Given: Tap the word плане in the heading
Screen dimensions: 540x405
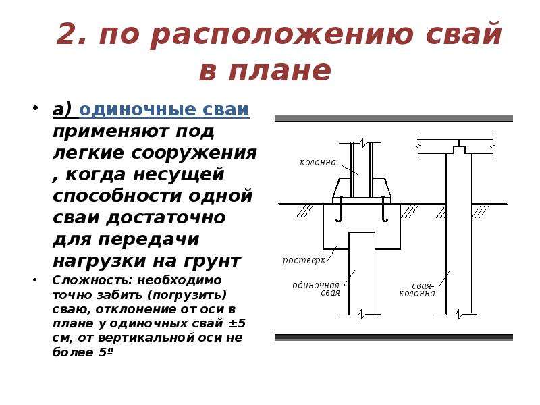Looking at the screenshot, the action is click(279, 70).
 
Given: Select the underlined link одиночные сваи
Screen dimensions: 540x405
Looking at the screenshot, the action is click(164, 110).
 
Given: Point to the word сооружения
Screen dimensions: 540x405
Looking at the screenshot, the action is click(194, 153).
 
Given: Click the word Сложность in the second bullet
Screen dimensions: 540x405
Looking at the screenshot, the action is click(92, 280).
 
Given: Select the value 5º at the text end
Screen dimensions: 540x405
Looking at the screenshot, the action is click(104, 352).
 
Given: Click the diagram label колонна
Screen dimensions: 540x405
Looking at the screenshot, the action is click(318, 162).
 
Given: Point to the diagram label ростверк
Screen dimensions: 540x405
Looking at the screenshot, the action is click(303, 260).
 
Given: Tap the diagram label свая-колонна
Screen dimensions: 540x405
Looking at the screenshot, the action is click(417, 290).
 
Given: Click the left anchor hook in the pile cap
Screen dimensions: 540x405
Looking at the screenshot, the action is click(340, 209).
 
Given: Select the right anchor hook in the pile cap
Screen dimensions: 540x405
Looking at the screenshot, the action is click(384, 209).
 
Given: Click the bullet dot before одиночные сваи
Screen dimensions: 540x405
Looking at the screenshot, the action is click(35, 107).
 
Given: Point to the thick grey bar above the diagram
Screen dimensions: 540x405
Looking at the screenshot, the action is click(394, 119).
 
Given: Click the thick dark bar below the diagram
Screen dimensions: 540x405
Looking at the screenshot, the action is click(394, 337).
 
